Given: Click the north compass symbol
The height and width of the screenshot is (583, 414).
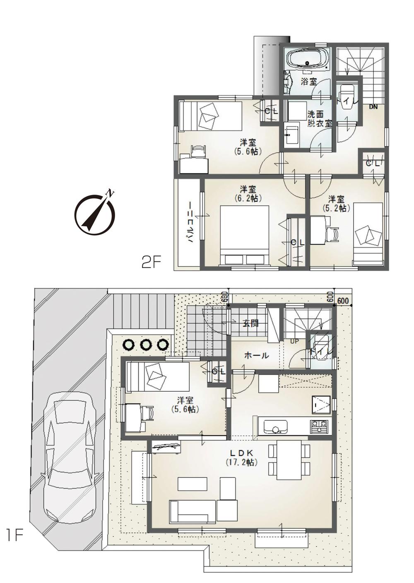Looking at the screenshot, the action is [95, 214].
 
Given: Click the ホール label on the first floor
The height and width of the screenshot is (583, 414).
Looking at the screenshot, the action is [256, 355].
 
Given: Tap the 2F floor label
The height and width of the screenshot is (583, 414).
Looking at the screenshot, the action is [151, 263].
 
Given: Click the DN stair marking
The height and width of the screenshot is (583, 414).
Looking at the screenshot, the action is [373, 106].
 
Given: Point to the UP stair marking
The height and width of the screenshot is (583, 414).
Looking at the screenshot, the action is [295, 341].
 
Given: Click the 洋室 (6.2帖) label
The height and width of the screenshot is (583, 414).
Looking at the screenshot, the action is [248, 193].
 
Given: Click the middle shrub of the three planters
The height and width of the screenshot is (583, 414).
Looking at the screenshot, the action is [146, 345].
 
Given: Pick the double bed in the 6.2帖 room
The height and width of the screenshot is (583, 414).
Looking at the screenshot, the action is [244, 236].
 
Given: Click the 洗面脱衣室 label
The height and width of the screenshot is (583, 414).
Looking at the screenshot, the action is [320, 119].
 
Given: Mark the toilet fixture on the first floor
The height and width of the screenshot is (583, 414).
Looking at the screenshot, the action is [322, 344].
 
